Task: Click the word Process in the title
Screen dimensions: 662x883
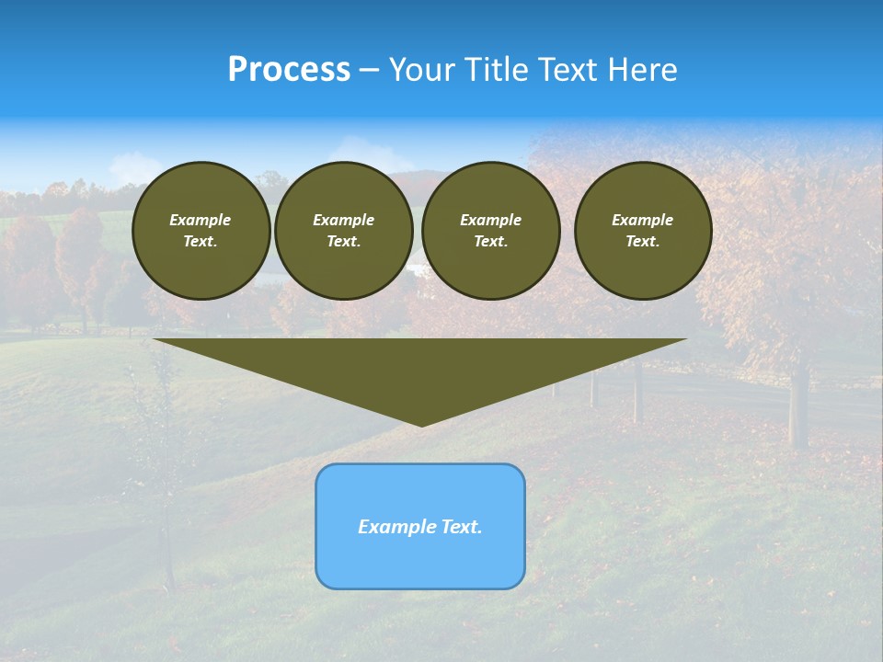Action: pos(289,70)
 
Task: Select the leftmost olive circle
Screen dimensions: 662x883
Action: pos(201,231)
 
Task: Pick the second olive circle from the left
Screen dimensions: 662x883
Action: pos(343,231)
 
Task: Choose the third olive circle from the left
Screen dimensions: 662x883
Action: pos(490,231)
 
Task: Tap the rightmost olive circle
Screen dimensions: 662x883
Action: pos(643,231)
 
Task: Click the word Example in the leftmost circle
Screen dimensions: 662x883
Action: pos(201,220)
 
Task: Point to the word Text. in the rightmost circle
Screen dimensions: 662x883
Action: pos(643,242)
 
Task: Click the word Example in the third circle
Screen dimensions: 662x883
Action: pos(490,220)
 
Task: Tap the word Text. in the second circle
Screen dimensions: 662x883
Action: pos(343,242)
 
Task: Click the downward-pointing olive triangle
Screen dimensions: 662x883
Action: pos(420,368)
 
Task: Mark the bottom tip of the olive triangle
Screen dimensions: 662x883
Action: pos(421,425)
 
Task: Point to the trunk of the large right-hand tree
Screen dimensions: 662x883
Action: pos(798,405)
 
